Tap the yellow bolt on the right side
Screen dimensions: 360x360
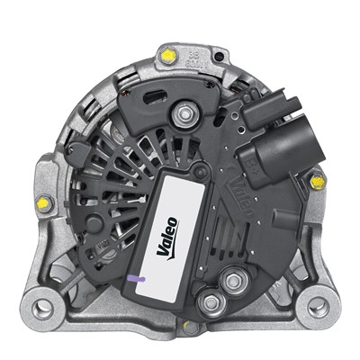click(x=315, y=182)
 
